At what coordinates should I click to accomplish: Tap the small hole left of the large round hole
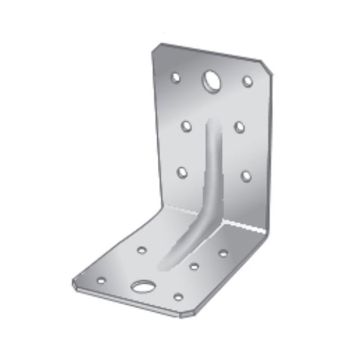[175, 76]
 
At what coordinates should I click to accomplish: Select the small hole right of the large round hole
[247, 80]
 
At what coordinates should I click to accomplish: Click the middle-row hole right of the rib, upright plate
[240, 127]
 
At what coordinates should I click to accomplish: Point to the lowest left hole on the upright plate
[182, 171]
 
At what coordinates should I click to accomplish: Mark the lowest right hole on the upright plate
[245, 176]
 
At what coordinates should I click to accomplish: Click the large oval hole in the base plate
[144, 287]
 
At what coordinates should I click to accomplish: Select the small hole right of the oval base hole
[178, 296]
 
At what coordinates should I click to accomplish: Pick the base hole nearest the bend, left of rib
[142, 249]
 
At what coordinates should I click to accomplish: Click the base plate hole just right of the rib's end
[194, 266]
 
